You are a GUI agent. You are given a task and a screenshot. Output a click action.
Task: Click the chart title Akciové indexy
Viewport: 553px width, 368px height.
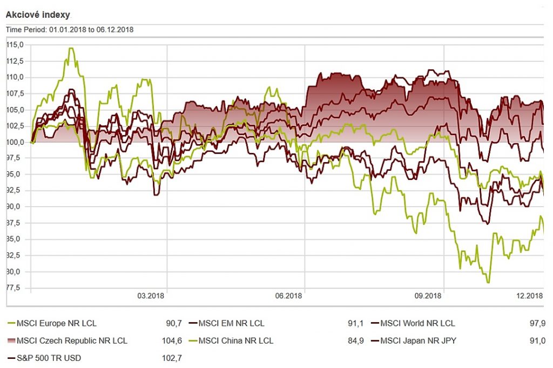point(38,15)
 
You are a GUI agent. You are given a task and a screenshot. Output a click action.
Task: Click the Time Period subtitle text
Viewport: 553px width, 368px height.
point(70,30)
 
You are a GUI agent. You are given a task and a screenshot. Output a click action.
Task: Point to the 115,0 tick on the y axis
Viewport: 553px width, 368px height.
point(15,45)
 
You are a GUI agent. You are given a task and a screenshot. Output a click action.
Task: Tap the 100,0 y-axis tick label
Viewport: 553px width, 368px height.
point(15,142)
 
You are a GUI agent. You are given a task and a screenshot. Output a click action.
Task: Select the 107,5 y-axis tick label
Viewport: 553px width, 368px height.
point(15,93)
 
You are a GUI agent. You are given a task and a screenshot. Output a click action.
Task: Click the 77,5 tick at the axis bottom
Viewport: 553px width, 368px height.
point(15,287)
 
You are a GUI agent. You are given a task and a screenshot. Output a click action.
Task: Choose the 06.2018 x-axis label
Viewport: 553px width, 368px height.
point(288,296)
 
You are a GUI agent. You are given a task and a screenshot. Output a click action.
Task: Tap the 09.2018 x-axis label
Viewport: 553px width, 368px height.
point(428,296)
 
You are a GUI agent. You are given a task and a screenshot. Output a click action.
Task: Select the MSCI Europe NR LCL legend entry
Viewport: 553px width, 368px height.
point(56,324)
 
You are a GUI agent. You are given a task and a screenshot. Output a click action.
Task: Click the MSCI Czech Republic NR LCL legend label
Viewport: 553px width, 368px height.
point(72,340)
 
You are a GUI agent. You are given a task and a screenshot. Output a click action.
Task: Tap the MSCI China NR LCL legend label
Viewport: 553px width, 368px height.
point(235,340)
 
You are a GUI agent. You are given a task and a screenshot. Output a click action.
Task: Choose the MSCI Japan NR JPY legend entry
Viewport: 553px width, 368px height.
point(419,340)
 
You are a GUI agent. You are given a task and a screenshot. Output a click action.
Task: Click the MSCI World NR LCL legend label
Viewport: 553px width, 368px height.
point(417,324)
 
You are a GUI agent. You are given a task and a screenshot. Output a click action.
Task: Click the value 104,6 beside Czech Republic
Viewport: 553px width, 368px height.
point(171,340)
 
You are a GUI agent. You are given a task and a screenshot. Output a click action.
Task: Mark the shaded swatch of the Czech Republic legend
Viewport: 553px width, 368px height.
point(10,340)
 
